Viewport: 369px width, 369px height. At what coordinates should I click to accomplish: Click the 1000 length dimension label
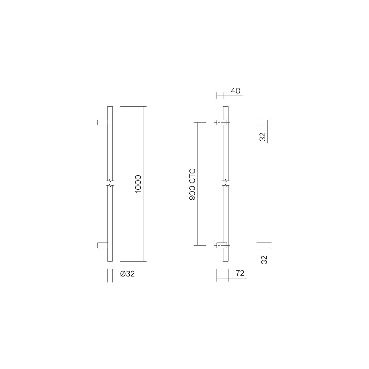tap(138, 184)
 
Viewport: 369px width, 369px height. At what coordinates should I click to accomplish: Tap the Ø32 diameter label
tap(127, 274)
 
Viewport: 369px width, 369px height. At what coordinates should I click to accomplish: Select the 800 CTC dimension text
tap(192, 184)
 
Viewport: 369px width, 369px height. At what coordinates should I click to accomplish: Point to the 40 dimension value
tap(236, 91)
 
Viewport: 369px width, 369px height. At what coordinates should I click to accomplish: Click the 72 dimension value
tap(240, 273)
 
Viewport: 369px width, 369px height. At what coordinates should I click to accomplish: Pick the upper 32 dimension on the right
tap(262, 137)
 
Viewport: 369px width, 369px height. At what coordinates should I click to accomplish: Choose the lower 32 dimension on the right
tap(264, 260)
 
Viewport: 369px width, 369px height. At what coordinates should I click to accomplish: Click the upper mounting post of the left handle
tap(102, 122)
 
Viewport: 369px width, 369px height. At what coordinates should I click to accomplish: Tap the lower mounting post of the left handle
tap(102, 245)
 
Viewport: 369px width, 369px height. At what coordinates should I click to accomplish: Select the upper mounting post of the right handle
tap(222, 122)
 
